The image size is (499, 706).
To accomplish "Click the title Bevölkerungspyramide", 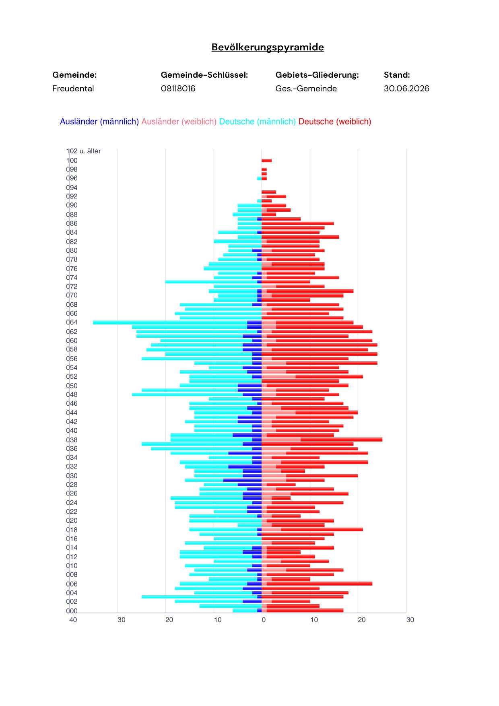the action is pos(268,47).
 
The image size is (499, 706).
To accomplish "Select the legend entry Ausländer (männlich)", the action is pos(99,122).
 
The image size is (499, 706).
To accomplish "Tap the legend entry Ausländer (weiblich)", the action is pos(179,122).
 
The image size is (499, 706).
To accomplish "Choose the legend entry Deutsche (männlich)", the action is pos(258,122).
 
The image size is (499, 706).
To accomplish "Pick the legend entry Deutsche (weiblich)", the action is pos(335,122).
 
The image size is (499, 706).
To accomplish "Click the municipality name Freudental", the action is pos(73,89).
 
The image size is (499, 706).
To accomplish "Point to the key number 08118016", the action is pos(178,89).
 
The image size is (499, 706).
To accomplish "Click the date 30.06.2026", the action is pos(406,89).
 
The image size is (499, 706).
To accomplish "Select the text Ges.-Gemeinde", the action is pos(306,89).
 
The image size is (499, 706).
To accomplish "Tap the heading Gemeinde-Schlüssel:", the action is pos(204,75).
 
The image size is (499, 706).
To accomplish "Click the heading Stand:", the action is pos(397,75).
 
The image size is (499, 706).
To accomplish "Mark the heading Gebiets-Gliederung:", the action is pos(317,75).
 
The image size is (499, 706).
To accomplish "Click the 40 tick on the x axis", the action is pos(73,620).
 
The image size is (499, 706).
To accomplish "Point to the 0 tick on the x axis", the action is pos(264,620).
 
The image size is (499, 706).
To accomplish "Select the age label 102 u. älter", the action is pos(84,151).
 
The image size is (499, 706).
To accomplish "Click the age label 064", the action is pos(72,322).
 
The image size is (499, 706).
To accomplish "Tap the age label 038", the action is pos(72,440).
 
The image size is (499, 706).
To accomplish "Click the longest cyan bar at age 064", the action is pos(170,322).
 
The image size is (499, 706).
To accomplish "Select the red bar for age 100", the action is pos(266,161).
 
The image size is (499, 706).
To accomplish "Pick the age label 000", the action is pos(72,611).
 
